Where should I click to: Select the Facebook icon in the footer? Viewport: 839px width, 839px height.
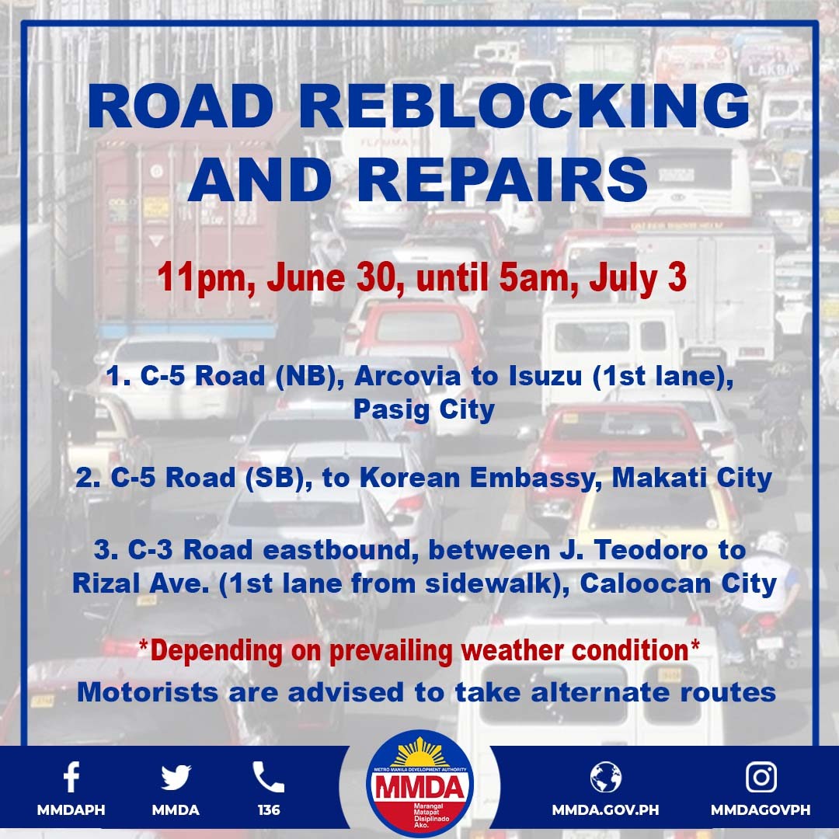click(71, 777)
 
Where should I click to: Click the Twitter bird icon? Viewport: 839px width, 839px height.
click(176, 777)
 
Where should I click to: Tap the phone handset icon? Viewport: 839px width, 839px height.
click(268, 777)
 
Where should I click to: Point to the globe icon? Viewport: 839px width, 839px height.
click(605, 777)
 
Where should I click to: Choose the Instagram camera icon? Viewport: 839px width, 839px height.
click(761, 777)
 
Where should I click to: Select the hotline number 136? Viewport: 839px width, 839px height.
click(269, 810)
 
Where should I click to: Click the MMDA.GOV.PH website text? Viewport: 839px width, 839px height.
click(605, 810)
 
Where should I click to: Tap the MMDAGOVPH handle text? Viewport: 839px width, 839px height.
click(761, 810)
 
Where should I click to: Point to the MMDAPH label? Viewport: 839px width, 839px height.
click(71, 810)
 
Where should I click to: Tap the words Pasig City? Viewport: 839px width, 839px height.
click(423, 409)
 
